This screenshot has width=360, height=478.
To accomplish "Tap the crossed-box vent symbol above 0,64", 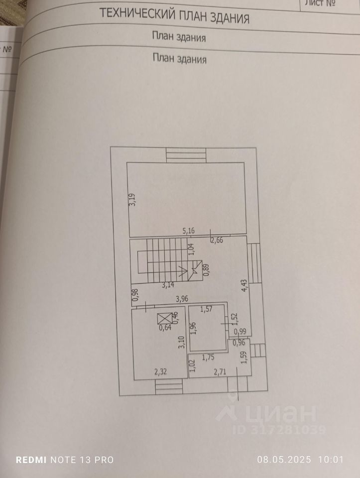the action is (x=163, y=318).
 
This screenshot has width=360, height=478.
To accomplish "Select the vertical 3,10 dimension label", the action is (x=182, y=344).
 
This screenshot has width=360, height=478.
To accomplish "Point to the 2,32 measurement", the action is (x=161, y=371).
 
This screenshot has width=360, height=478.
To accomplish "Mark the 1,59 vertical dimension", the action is (x=243, y=358).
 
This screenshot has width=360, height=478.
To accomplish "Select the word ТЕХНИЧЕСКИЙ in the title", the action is (x=135, y=14).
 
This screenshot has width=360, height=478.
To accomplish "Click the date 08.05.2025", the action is (x=283, y=460).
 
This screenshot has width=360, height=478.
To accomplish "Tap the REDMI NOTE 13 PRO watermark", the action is (x=65, y=460).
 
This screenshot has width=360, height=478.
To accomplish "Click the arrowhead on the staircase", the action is (x=195, y=272).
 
